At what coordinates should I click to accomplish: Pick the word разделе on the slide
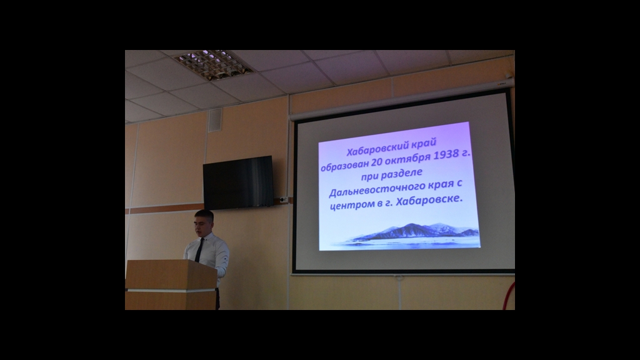pos(402,174)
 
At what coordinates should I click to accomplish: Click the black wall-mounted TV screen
pos(238,182)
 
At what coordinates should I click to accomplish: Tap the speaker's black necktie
pos(199,250)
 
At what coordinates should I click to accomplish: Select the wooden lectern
pos(171,285)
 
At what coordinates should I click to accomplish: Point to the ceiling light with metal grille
pos(214,65)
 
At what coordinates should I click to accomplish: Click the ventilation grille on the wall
pos(215,121)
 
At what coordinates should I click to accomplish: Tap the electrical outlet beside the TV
pos(284,200)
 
